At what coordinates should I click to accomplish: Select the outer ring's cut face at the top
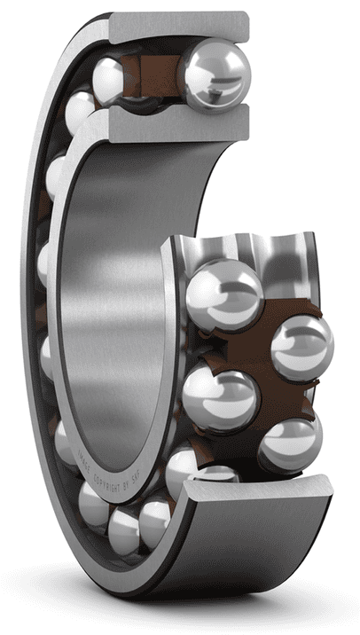click(x=177, y=27)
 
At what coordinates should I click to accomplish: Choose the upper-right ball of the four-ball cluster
click(x=301, y=348)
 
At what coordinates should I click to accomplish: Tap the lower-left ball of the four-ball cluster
click(x=220, y=399)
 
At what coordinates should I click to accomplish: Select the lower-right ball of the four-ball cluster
click(x=289, y=444)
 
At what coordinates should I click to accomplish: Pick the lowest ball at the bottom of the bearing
click(x=124, y=533)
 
